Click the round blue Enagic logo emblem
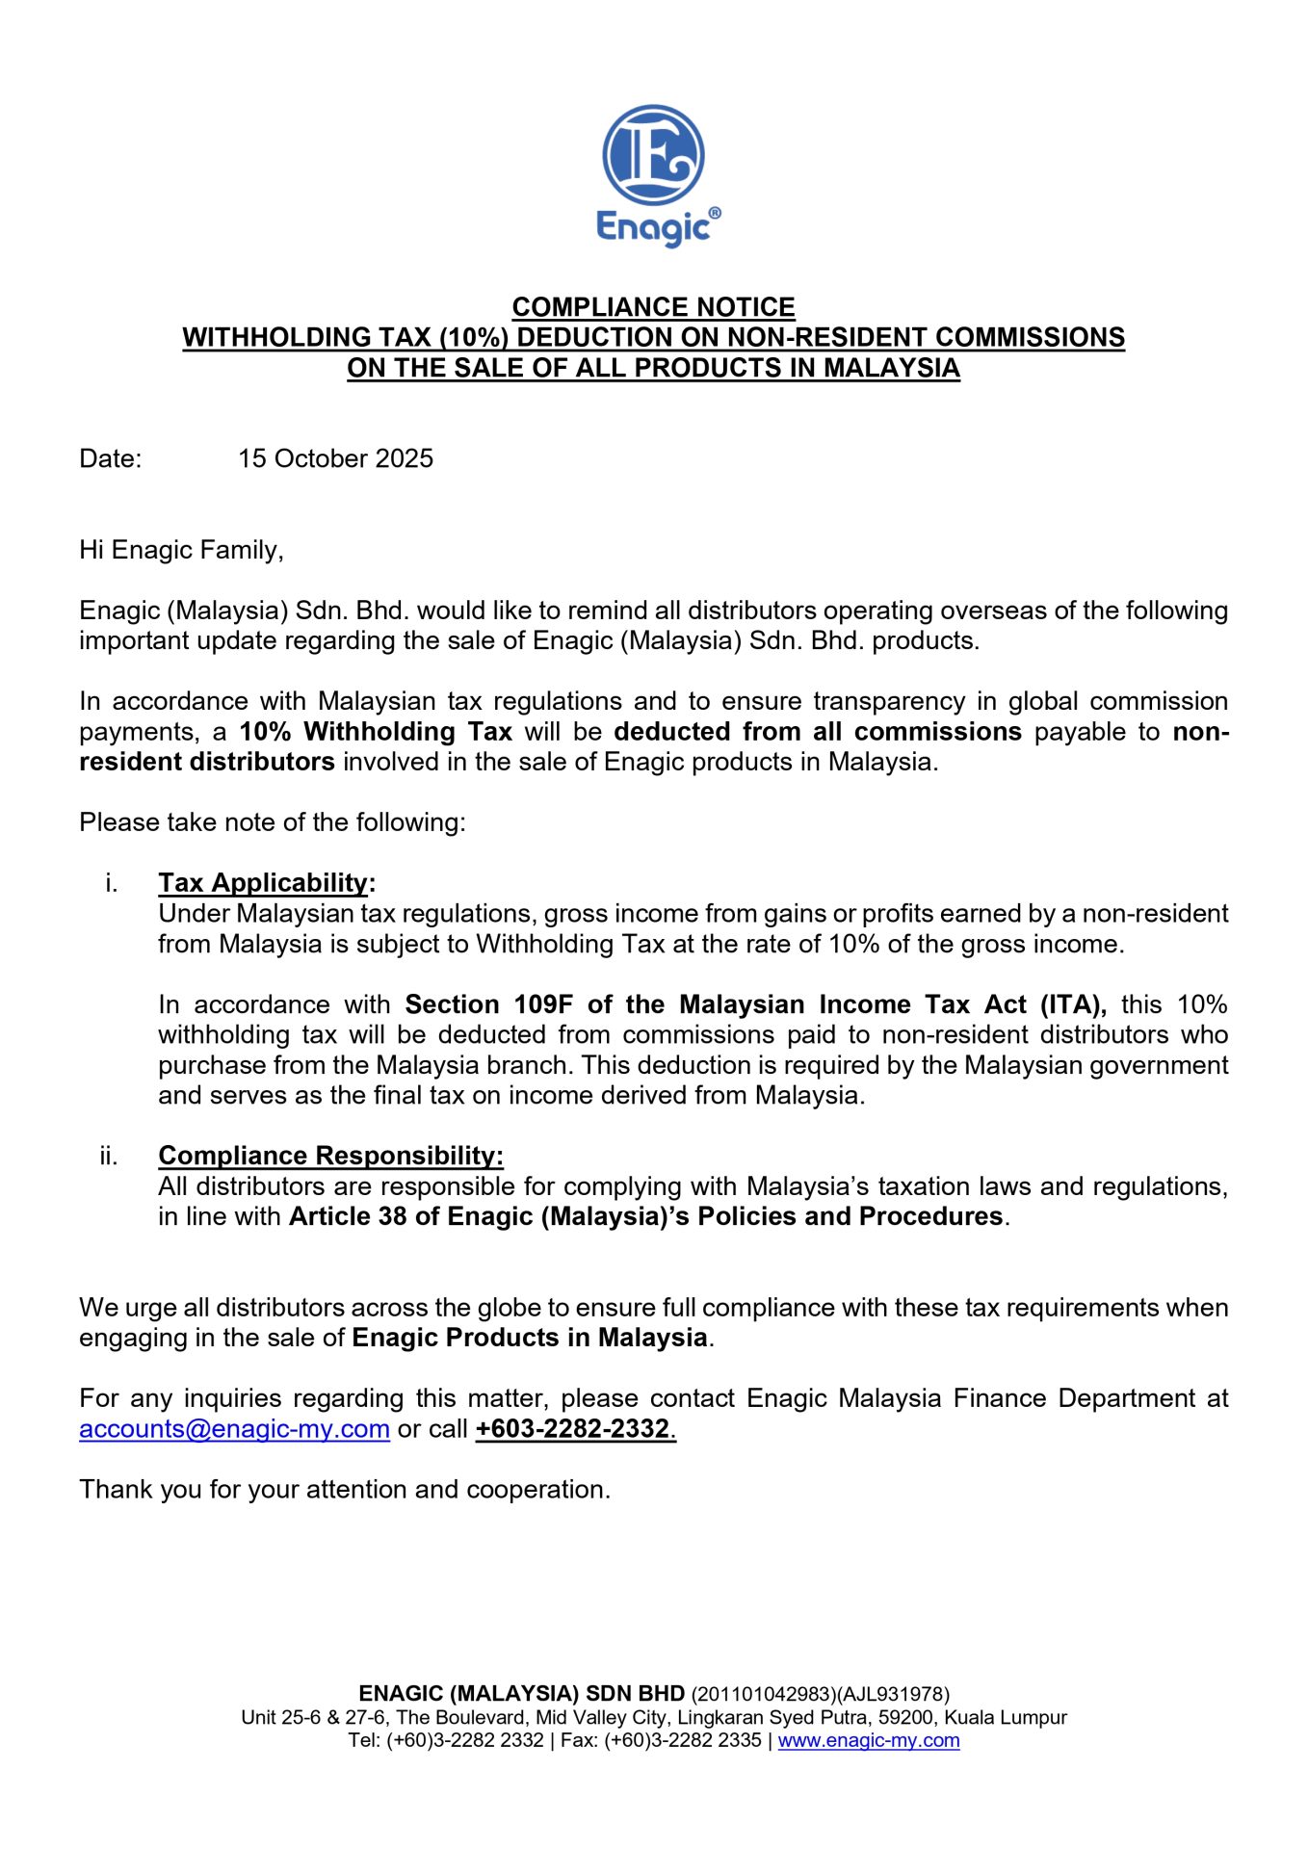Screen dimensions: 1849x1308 (x=653, y=155)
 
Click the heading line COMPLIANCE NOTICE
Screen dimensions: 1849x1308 (x=653, y=307)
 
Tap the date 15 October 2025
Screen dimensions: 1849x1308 (x=335, y=458)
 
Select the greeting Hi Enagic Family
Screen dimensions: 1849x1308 (x=181, y=550)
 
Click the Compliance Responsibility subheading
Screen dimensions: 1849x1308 (x=330, y=1156)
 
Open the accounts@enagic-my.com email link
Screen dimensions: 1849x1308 (x=234, y=1429)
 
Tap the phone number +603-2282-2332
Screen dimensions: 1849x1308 (x=574, y=1429)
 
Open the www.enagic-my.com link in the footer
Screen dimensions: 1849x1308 (x=869, y=1740)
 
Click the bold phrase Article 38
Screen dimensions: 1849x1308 (x=348, y=1216)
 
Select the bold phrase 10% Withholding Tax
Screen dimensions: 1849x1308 (x=376, y=732)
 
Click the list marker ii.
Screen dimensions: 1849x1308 (x=108, y=1156)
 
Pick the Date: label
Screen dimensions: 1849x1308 (x=110, y=458)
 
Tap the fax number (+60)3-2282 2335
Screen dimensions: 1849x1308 (x=683, y=1740)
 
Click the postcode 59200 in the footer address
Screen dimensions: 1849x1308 (x=905, y=1717)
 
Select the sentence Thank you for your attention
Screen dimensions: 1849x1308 (x=345, y=1490)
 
